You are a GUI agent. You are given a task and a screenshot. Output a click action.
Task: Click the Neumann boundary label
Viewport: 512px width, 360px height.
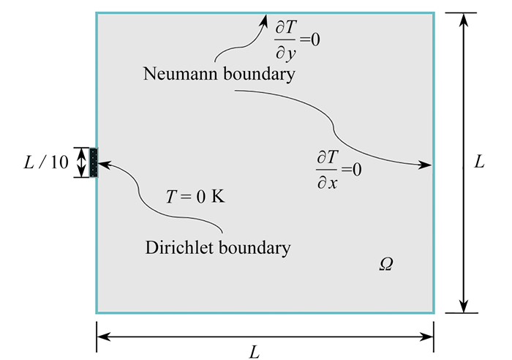click(219, 75)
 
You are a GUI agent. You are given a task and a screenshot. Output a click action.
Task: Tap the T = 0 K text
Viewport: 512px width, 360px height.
click(195, 198)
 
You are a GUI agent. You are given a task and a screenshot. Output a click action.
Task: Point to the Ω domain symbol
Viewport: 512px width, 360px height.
click(386, 265)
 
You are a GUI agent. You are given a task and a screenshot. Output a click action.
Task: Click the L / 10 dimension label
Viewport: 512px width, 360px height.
click(45, 163)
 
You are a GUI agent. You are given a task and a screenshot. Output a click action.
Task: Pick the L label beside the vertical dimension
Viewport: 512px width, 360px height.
click(480, 162)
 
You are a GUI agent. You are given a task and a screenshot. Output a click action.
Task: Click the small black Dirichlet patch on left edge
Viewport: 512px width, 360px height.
click(94, 162)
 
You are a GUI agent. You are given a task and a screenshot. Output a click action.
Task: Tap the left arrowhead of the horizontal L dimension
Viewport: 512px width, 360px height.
click(102, 336)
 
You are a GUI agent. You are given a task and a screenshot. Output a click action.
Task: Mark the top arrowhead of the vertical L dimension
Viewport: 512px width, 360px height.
click(462, 18)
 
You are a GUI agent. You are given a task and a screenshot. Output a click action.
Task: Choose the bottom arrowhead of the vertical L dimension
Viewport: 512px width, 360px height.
click(462, 307)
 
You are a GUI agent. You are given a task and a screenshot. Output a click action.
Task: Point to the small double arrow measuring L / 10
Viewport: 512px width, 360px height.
click(82, 162)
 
